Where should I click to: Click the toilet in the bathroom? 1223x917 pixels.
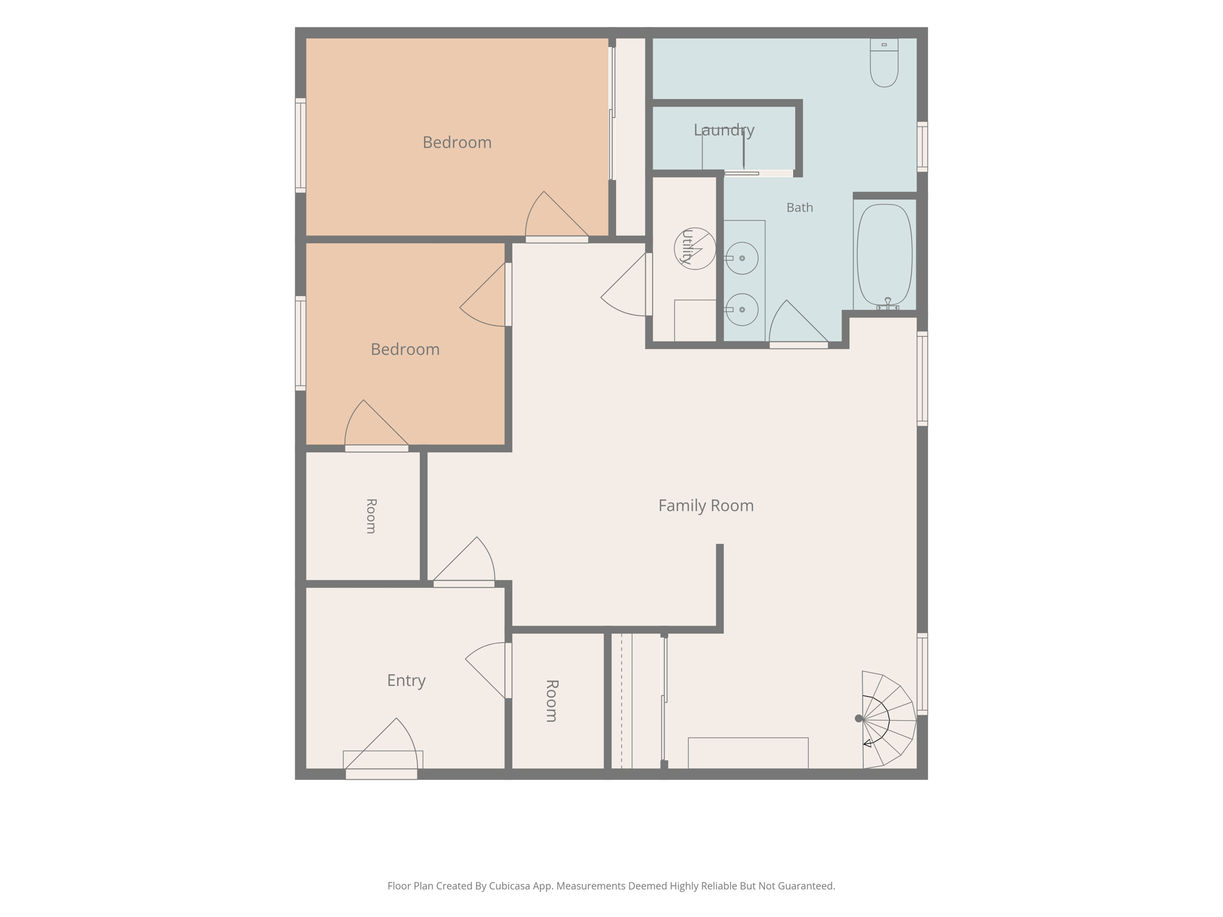coord(884,63)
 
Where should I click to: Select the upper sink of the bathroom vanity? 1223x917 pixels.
coord(742,258)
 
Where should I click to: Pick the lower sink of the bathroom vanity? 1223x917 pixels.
coord(742,309)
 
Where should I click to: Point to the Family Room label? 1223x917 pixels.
coord(706,506)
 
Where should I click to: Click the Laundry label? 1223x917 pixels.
coord(724,130)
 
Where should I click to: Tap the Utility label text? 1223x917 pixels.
coord(687,247)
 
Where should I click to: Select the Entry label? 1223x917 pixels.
coord(406,681)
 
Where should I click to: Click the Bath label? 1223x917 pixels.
coord(800,208)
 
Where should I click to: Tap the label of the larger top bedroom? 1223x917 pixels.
coord(457,143)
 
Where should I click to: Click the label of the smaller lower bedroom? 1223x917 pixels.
coord(405,349)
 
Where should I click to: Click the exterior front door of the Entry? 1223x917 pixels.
coord(381,749)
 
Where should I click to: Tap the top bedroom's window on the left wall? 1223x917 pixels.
coord(300,145)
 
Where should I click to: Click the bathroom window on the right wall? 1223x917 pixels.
coord(923,147)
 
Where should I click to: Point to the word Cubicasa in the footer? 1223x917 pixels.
coord(511,886)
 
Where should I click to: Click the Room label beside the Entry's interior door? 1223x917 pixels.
coord(552,701)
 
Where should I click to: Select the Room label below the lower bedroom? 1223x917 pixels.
coord(371,516)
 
